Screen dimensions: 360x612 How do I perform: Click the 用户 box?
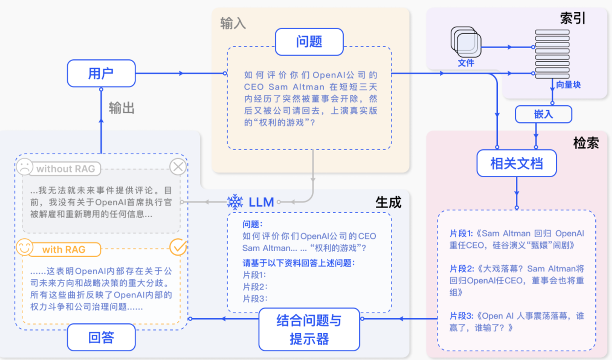coord(101,73)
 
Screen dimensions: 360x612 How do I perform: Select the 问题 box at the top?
coord(309,42)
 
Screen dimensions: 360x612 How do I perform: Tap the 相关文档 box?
coord(516,163)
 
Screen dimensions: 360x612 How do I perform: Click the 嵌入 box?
coord(543,114)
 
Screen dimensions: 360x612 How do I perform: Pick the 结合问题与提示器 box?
coord(309,330)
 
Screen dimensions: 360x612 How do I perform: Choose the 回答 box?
coord(101,337)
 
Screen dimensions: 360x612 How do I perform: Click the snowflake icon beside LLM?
coord(235,202)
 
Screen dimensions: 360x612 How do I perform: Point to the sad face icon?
coord(24,166)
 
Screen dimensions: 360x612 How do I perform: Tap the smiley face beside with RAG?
coord(24,248)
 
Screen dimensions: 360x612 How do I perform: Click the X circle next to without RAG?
coord(178,167)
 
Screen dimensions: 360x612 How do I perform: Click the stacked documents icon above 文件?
coord(466,42)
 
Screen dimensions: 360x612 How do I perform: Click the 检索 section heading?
coord(586,143)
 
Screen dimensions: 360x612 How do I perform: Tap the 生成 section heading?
coord(389,202)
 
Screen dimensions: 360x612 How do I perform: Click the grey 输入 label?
coord(233,24)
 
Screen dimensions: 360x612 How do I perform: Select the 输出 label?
coord(121,109)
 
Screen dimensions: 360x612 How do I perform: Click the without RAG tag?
coord(66,169)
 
